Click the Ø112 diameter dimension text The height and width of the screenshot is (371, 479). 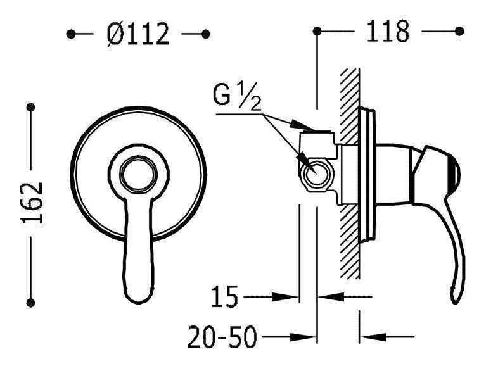tap(138, 34)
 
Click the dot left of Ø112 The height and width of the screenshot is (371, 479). tap(71, 34)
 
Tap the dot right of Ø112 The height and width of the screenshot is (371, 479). tap(205, 34)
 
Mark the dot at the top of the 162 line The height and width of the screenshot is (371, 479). tap(30, 108)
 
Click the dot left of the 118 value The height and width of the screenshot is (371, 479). tap(317, 30)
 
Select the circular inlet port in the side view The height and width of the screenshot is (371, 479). tap(314, 172)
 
